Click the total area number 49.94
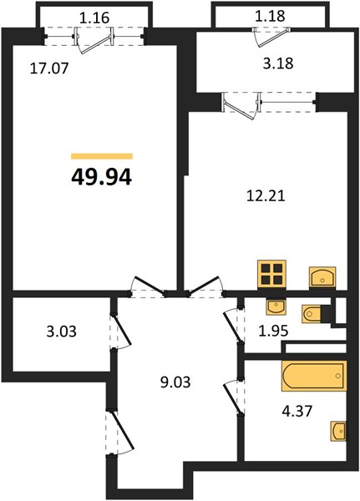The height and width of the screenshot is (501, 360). (x=101, y=177)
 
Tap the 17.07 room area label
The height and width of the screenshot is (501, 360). (x=49, y=68)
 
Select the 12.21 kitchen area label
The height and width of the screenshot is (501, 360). (x=266, y=196)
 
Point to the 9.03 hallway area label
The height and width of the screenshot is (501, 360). (x=175, y=382)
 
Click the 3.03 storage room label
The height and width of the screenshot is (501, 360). (x=61, y=331)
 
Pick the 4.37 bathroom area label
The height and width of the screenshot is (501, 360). (x=297, y=411)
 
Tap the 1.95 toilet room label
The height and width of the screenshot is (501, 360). (x=273, y=331)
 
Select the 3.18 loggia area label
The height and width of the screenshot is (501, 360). (x=278, y=63)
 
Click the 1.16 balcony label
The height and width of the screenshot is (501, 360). (x=94, y=18)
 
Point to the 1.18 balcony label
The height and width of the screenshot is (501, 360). (x=270, y=16)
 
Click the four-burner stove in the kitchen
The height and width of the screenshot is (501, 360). (x=271, y=274)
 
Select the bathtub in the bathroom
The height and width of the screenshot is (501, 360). (x=314, y=376)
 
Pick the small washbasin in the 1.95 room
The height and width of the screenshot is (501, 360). (x=276, y=307)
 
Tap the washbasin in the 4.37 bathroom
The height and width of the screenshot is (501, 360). (x=338, y=432)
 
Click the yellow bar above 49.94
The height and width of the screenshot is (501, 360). (x=102, y=156)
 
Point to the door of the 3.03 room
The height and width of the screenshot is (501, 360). (x=120, y=331)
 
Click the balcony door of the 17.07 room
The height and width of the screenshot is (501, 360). (x=94, y=40)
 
